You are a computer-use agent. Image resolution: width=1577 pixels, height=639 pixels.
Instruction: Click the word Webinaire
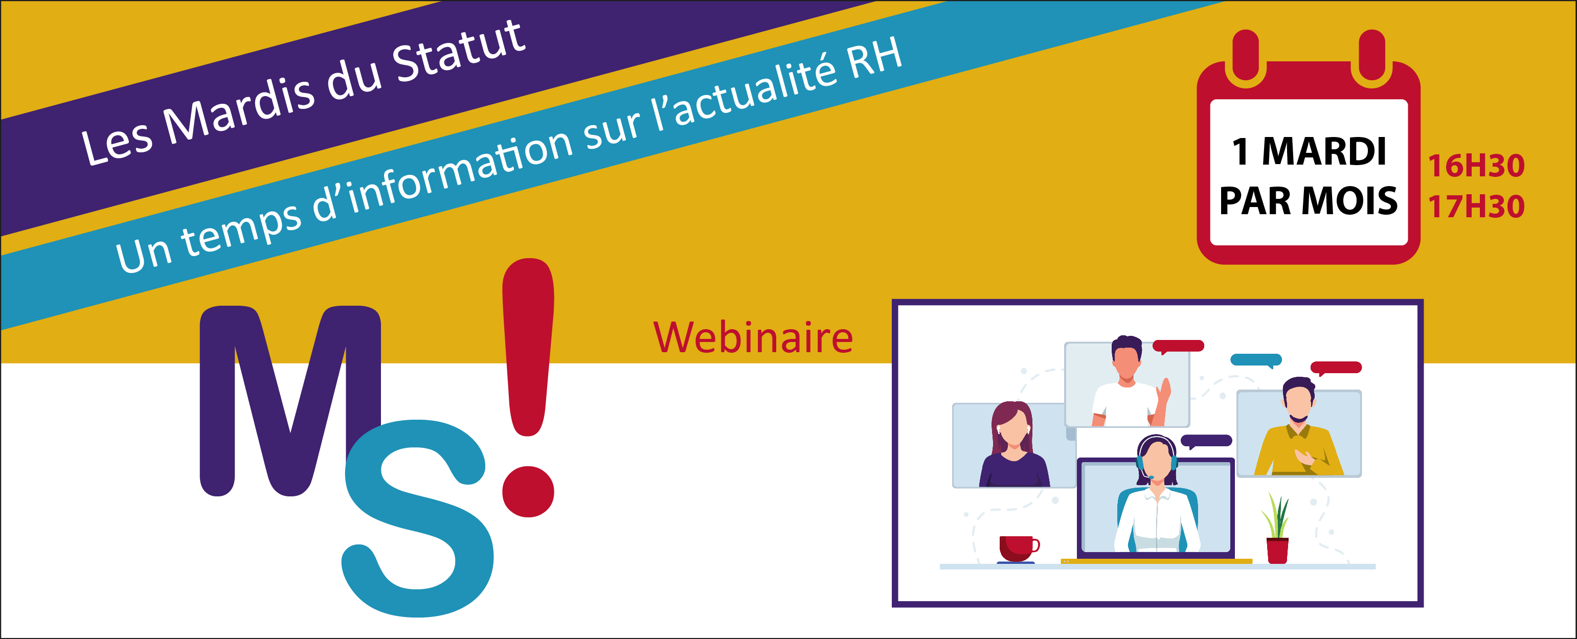click(753, 337)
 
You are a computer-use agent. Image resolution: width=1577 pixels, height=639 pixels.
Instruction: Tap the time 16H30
click(1476, 166)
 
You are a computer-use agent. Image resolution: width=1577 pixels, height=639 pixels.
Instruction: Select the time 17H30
click(1476, 206)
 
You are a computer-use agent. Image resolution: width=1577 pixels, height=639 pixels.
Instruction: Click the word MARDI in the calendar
click(1324, 151)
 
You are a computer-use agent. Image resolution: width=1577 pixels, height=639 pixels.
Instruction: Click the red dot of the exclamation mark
click(528, 491)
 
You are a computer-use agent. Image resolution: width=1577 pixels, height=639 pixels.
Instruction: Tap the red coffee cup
click(1018, 549)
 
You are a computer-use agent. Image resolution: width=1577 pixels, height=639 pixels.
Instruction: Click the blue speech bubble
click(1255, 360)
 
